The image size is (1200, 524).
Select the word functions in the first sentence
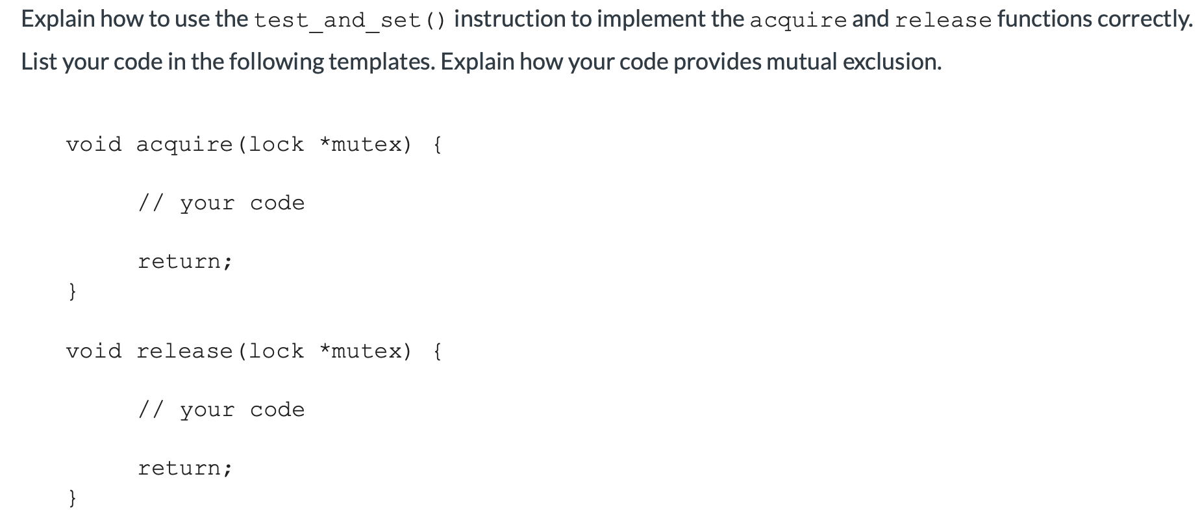pyautogui.click(x=1045, y=19)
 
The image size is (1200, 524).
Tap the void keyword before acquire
pyautogui.click(x=94, y=144)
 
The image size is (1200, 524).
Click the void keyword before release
pyautogui.click(x=94, y=351)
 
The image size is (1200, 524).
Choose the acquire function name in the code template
pyautogui.click(x=184, y=144)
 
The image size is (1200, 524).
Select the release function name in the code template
pyautogui.click(x=184, y=351)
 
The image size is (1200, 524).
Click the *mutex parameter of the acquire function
pyautogui.click(x=366, y=144)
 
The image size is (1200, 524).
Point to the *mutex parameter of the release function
pyautogui.click(x=366, y=351)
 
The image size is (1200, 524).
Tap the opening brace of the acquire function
pyautogui.click(x=437, y=144)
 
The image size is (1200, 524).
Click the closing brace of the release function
pyautogui.click(x=73, y=498)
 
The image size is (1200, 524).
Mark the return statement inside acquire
pyautogui.click(x=184, y=261)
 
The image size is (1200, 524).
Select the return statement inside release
pyautogui.click(x=184, y=468)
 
